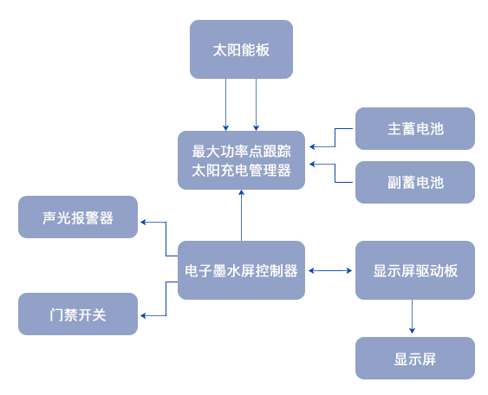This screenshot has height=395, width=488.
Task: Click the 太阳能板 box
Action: (241, 49)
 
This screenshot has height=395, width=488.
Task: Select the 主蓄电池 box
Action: (415, 128)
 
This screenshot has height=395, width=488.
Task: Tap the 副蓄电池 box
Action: (415, 182)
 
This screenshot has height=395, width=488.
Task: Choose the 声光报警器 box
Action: (78, 217)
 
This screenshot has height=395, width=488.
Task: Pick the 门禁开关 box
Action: (78, 314)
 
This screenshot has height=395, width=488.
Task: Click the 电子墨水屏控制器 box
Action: (241, 270)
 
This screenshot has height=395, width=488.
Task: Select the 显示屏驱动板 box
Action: (415, 270)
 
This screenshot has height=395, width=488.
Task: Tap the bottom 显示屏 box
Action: (415, 358)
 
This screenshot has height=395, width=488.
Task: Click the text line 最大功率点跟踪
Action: (241, 152)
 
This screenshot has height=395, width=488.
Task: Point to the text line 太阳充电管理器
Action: (241, 171)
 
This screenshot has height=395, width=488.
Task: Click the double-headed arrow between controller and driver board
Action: (330, 270)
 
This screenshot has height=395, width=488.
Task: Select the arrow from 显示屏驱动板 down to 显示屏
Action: (412, 317)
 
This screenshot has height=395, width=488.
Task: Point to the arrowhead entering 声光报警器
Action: (143, 222)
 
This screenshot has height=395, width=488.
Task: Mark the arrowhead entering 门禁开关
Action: (143, 315)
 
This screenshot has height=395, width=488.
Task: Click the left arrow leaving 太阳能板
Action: (226, 105)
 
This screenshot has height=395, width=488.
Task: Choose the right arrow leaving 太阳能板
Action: (257, 105)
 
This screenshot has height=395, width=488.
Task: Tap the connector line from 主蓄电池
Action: (335, 137)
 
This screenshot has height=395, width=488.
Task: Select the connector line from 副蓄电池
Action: (335, 173)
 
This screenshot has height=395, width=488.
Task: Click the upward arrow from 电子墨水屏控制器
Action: (241, 215)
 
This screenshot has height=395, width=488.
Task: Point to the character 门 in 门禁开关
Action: (56, 314)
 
